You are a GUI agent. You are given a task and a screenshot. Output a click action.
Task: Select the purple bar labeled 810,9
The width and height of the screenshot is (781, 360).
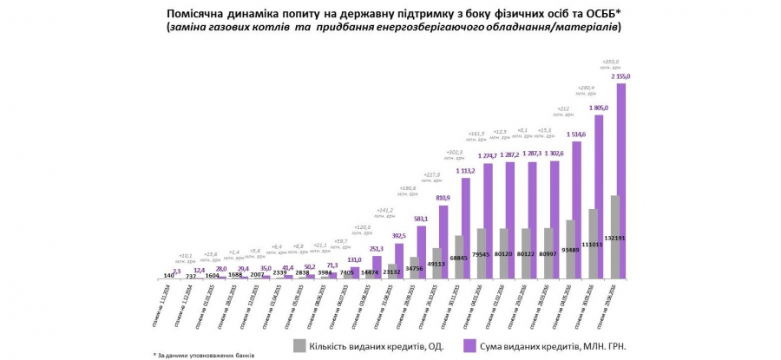point(444,242)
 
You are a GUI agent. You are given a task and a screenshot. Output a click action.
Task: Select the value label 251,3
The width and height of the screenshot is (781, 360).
point(376,248)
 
